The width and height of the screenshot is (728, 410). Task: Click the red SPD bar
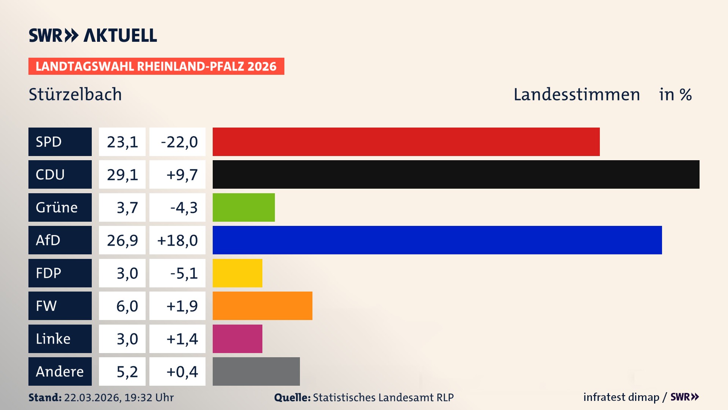[x=406, y=142]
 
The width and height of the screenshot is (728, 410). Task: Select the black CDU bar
[x=456, y=174]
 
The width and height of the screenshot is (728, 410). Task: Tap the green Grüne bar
[x=243, y=207]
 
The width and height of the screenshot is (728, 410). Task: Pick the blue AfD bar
[x=437, y=240]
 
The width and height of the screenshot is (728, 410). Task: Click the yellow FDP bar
[x=237, y=273]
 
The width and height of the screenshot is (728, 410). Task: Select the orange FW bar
[x=262, y=306]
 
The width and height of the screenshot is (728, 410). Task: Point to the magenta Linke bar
[x=237, y=339]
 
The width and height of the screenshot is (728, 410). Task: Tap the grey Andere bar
[x=256, y=371]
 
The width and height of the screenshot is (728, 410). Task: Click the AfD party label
[x=60, y=240]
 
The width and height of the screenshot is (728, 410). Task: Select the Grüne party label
[x=60, y=207]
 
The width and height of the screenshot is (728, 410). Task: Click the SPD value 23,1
[x=122, y=142]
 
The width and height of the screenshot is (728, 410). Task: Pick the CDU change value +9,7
[x=177, y=174]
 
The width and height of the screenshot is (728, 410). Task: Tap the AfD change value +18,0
[x=177, y=240]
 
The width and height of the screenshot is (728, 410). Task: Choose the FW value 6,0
[x=122, y=306]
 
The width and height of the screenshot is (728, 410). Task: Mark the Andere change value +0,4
[x=177, y=371]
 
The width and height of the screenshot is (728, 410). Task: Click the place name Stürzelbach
[x=75, y=94]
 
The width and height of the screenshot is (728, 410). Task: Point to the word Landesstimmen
[x=576, y=94]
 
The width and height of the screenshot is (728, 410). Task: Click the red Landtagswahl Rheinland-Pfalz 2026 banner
[x=156, y=66]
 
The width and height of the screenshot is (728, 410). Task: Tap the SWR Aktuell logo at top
[x=93, y=35]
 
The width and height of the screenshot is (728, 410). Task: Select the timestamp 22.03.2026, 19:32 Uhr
[x=118, y=397]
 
